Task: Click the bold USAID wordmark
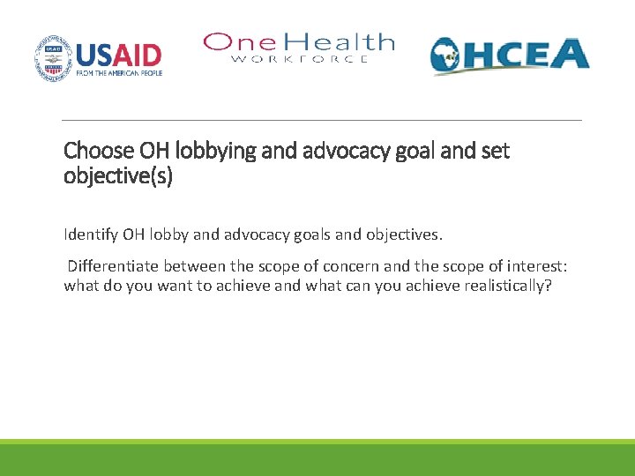119,55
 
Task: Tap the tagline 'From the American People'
119,75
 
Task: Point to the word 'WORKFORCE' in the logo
300,59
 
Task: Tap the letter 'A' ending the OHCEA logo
570,54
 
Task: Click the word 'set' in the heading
495,151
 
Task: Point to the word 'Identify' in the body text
90,234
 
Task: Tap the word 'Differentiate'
112,265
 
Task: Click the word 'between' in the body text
192,265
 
